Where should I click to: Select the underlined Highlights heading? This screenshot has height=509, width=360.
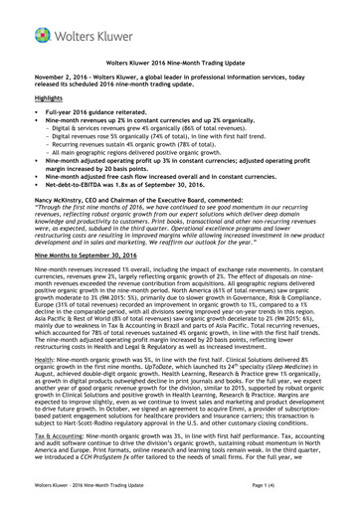(43, 99)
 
